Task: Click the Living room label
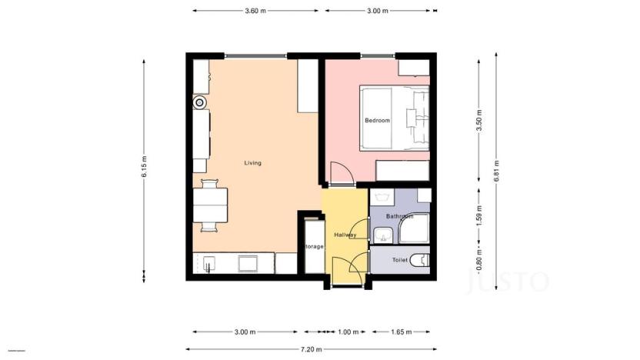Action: coord(252,163)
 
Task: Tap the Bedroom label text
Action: coord(377,121)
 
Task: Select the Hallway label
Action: coord(345,235)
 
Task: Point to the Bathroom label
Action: coord(399,217)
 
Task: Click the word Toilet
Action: coord(400,260)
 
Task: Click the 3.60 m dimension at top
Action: coord(255,11)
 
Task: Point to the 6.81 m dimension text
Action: coord(497,168)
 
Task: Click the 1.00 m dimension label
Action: coord(348,332)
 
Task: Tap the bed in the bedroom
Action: coord(394,117)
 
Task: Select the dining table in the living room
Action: coord(210,205)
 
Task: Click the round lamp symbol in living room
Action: coord(200,102)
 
